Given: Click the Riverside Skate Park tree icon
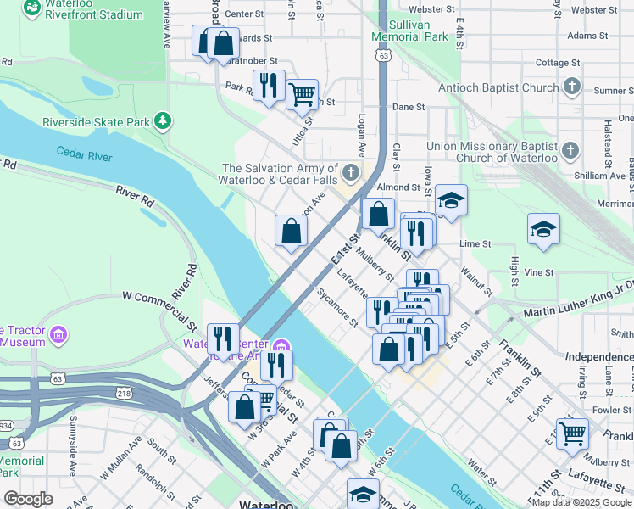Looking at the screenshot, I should tap(161, 122).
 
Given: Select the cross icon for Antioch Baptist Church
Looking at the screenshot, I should tap(571, 87).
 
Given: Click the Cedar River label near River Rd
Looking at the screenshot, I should tap(85, 153).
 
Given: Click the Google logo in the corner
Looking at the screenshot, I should tap(29, 498).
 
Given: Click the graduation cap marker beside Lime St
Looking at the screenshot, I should tap(543, 230).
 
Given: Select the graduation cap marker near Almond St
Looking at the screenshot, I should tap(452, 201).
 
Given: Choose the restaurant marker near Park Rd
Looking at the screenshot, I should tap(269, 85).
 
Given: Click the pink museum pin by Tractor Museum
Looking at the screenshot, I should tap(58, 335).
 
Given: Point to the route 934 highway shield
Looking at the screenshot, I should tap(4, 424).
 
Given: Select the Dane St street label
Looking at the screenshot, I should tap(408, 107).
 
